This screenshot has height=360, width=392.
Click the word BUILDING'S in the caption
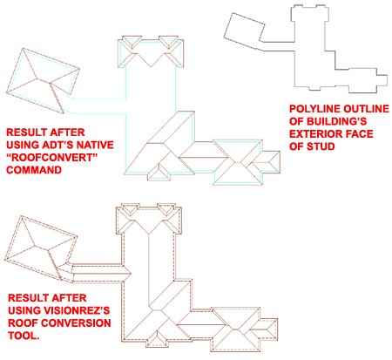coord(337,121)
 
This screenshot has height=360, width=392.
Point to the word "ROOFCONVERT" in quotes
coord(51,158)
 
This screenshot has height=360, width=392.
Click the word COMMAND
coord(34,170)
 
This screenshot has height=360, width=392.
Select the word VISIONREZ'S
coord(77,310)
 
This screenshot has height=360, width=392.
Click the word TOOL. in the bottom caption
coord(24,336)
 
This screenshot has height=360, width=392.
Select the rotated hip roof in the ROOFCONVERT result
coord(43,81)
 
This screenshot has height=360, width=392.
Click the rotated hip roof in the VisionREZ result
coord(41,248)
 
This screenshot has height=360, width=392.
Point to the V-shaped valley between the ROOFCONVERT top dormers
coord(151,59)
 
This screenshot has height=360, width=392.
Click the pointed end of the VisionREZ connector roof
coord(131,273)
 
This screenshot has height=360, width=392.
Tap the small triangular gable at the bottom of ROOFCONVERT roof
coord(159,172)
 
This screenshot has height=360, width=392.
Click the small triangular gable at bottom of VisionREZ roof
coord(157,339)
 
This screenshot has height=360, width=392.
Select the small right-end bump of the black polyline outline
coord(382,80)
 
